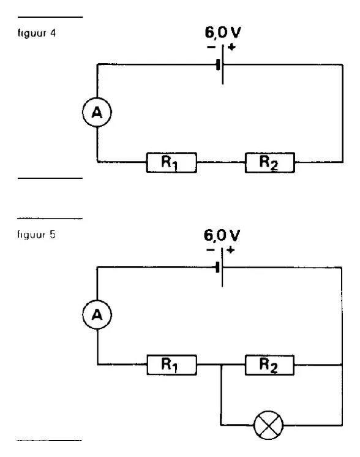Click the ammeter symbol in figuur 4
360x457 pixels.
(97, 112)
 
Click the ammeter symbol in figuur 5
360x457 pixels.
(97, 315)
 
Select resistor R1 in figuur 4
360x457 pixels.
(171, 162)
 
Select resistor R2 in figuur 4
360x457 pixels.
(270, 162)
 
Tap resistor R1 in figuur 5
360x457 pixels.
(171, 364)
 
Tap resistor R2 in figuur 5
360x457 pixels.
(270, 364)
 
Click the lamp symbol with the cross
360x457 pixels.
(268, 425)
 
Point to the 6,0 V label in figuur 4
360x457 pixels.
(223, 32)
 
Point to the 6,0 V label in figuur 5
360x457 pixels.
(222, 235)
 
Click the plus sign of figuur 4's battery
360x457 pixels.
(231, 47)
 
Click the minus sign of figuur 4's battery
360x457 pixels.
(211, 47)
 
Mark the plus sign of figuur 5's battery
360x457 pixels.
(230, 250)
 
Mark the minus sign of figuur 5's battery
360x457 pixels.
(210, 250)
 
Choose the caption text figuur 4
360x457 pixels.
(37, 33)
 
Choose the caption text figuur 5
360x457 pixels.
(36, 235)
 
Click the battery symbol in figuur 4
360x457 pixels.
(220, 64)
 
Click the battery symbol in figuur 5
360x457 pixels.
(220, 267)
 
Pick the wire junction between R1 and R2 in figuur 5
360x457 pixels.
(222, 364)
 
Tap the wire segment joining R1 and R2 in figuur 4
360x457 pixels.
(221, 162)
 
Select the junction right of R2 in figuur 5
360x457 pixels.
(342, 364)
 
